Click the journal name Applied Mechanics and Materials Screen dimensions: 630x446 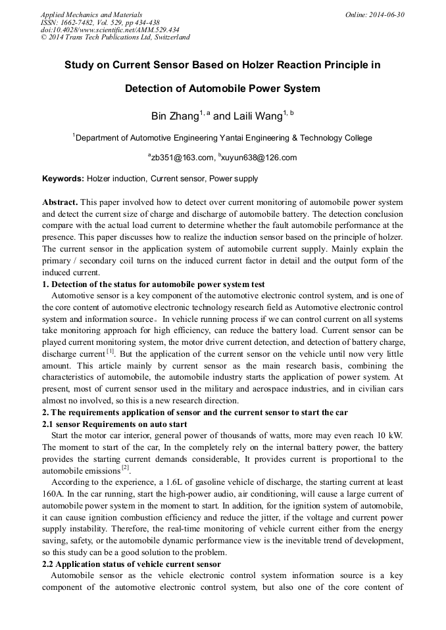[x=91, y=14]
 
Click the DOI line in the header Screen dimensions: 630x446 [x=110, y=30]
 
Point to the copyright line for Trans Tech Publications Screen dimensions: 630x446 [x=115, y=37]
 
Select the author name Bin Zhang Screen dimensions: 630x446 [x=174, y=116]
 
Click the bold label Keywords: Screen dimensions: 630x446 [x=63, y=179]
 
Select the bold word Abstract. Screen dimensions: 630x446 [x=60, y=202]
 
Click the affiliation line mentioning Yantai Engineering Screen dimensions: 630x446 [x=222, y=138]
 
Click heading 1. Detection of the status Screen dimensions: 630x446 [x=153, y=284]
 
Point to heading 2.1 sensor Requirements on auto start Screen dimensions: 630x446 [x=114, y=425]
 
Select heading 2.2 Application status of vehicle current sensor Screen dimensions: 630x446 [x=132, y=564]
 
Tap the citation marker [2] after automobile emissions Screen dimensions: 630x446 [x=125, y=468]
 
